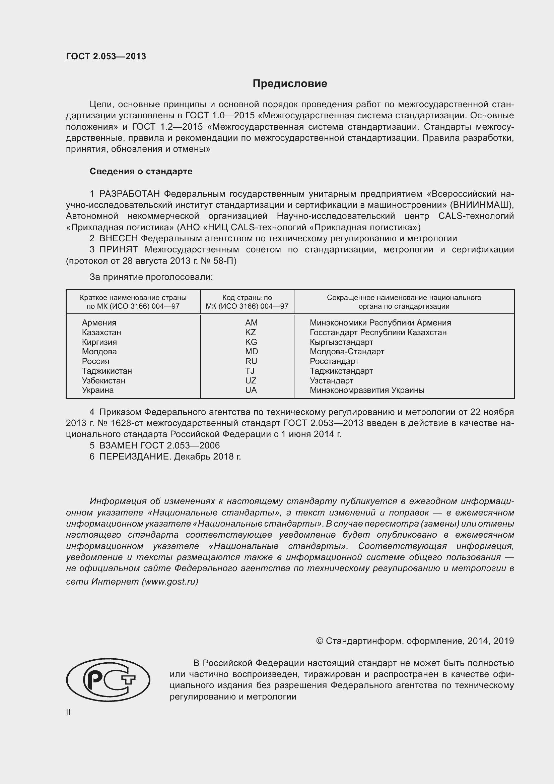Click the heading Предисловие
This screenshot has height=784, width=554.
[x=290, y=84]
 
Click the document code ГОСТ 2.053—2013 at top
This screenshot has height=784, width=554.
[x=106, y=56]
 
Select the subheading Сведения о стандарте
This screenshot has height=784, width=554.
[x=141, y=171]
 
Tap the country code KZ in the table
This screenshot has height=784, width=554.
[x=250, y=332]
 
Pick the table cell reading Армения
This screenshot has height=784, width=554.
[x=99, y=323]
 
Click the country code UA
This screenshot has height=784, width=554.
[x=251, y=390]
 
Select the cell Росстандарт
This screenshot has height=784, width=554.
[x=334, y=361]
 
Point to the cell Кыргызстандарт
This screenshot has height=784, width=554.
[x=341, y=342]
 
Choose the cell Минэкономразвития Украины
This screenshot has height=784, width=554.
[x=367, y=390]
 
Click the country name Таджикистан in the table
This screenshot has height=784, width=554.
[x=107, y=371]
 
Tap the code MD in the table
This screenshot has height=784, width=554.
[x=252, y=352]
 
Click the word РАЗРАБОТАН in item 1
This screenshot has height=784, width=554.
[x=129, y=194]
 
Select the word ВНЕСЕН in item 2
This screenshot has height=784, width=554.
[x=118, y=238]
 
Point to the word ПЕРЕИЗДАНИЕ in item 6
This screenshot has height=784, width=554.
[x=135, y=457]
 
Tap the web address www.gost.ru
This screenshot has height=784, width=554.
[x=169, y=582]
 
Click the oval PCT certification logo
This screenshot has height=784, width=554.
[x=108, y=680]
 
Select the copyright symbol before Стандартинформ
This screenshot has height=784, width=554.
[x=320, y=641]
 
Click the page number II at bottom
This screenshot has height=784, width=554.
[x=68, y=712]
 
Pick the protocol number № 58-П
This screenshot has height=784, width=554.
[x=218, y=261]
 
